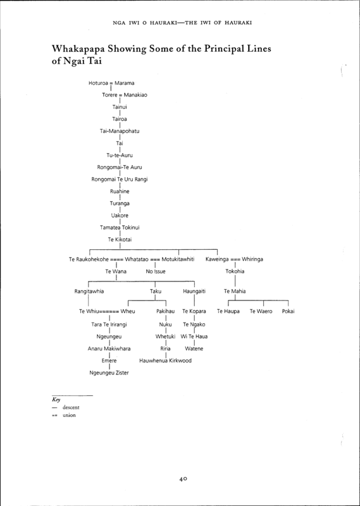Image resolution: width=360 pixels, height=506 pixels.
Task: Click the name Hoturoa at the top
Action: (98, 83)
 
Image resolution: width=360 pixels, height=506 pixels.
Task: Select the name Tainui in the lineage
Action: (120, 107)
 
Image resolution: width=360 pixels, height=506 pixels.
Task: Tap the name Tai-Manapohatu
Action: (120, 131)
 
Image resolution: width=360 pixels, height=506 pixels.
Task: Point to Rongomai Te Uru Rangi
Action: (120, 179)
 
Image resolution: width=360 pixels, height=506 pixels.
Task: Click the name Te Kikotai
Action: (120, 240)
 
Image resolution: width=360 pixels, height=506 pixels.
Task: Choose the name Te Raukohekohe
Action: (89, 259)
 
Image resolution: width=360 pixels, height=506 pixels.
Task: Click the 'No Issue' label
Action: (155, 271)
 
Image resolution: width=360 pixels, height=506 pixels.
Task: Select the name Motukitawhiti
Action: (178, 259)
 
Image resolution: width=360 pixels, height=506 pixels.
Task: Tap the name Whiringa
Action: (252, 259)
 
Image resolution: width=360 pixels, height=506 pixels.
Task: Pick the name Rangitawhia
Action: (89, 292)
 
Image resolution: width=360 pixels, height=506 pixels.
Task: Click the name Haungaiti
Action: (194, 292)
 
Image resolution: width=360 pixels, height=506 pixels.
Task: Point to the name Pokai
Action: (288, 311)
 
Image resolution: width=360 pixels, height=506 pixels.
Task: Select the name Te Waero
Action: (261, 311)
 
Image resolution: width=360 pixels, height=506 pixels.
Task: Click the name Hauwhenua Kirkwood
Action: (165, 361)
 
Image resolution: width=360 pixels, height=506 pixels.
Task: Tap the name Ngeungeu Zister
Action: (109, 373)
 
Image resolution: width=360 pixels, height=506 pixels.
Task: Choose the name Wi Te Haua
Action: (194, 336)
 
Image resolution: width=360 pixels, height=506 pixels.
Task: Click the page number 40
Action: (183, 479)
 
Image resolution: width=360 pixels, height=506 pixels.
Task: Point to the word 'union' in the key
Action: (69, 415)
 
